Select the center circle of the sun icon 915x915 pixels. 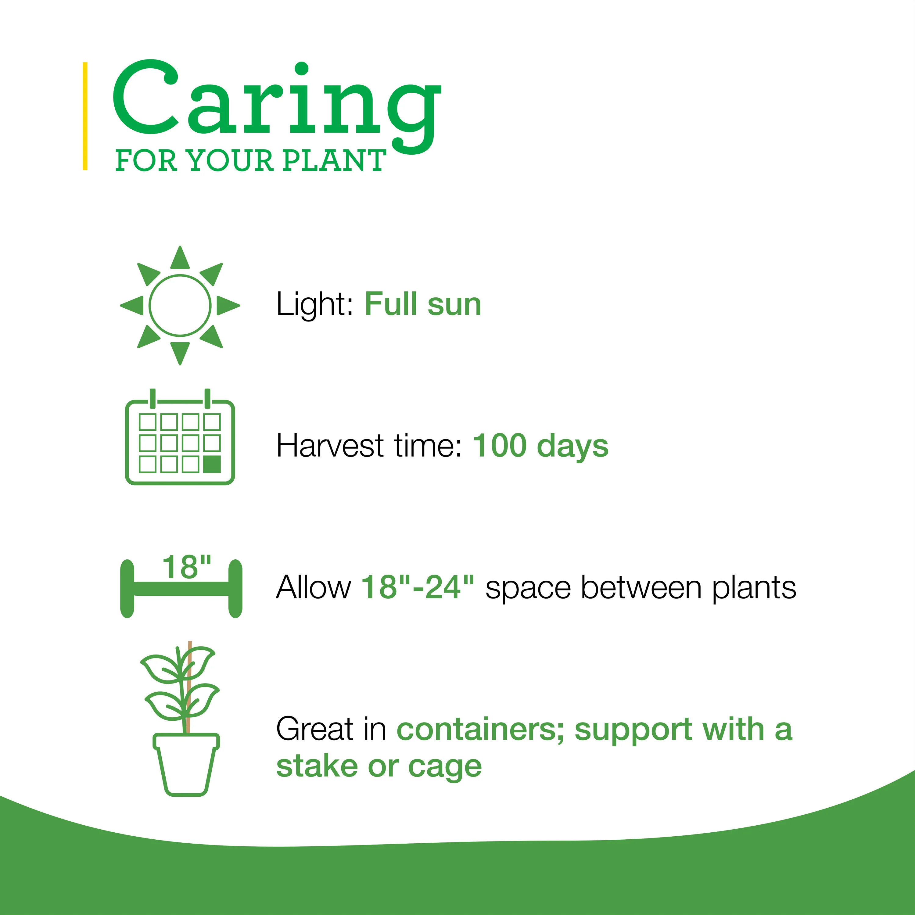(180, 306)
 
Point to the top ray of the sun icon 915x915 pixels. (180, 258)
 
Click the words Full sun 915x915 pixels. (423, 304)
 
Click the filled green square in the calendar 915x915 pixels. (212, 465)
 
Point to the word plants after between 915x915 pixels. (755, 589)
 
